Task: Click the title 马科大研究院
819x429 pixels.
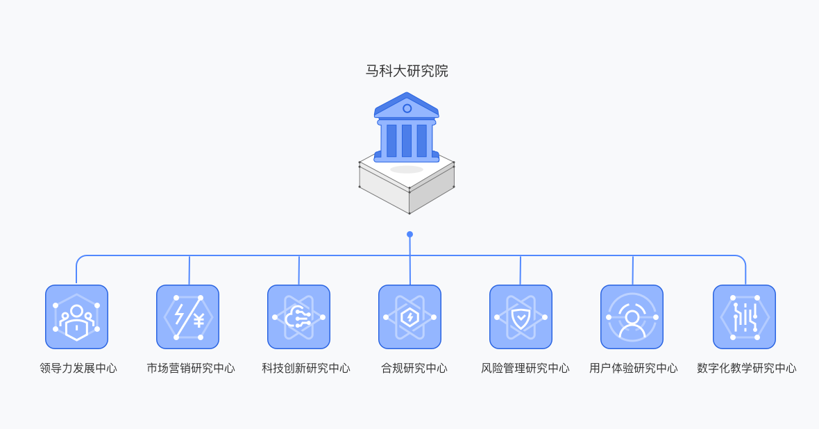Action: [x=407, y=71]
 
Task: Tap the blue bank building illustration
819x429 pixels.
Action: [x=407, y=128]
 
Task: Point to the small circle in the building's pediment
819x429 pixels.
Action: [x=407, y=108]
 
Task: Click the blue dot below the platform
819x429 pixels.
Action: [x=409, y=235]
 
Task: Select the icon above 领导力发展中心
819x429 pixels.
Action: [x=76, y=317]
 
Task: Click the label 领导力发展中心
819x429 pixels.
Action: [x=78, y=368]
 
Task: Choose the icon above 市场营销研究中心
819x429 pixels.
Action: [x=187, y=317]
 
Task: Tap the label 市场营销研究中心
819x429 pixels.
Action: [x=191, y=368]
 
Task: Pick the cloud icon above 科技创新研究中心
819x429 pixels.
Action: [x=298, y=317]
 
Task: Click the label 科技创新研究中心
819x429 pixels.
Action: [x=306, y=368]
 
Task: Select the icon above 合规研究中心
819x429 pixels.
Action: [x=409, y=317]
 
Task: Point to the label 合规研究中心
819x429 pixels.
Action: [x=414, y=368]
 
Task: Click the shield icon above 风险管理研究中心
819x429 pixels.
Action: [x=521, y=317]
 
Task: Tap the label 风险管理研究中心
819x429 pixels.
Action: [x=525, y=368]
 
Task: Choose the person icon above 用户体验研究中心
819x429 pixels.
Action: [x=632, y=317]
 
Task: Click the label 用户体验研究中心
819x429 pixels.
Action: [x=634, y=368]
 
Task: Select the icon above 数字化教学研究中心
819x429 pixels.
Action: [x=744, y=317]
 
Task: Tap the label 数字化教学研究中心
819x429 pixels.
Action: [x=747, y=368]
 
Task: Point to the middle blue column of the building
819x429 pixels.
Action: [x=407, y=140]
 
